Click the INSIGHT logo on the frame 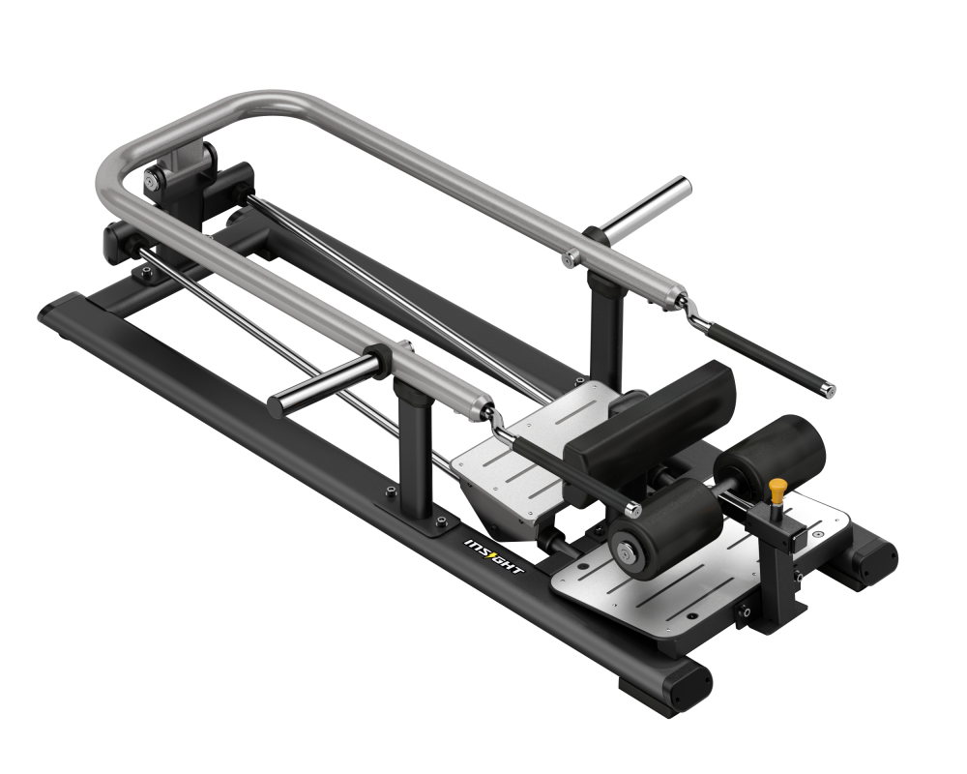click(x=493, y=556)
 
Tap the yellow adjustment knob click(x=777, y=490)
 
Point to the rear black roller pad click(x=771, y=452)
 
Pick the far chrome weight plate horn click(x=647, y=207)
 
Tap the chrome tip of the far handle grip click(x=829, y=389)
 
